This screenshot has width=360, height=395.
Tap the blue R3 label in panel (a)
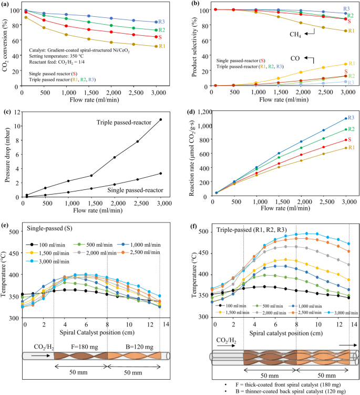[163, 21]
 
